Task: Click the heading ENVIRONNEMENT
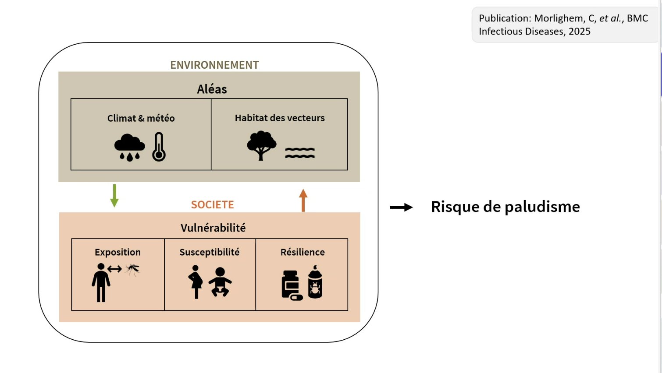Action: (x=214, y=65)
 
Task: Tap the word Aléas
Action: (x=212, y=89)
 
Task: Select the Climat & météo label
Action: (x=141, y=118)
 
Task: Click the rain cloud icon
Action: (x=129, y=147)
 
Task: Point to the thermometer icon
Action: (x=159, y=147)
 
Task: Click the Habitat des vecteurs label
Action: (x=280, y=118)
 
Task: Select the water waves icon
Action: (x=300, y=153)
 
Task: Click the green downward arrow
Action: (x=114, y=195)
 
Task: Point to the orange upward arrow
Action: (x=303, y=200)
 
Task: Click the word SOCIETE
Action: (x=213, y=204)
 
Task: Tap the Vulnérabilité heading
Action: (x=213, y=228)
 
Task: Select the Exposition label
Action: (x=117, y=252)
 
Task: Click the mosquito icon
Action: (x=132, y=269)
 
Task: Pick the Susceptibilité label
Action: (x=210, y=252)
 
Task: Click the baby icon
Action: (x=220, y=282)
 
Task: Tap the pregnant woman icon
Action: (x=196, y=282)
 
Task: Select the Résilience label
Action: (x=303, y=252)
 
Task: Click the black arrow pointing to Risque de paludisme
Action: (x=402, y=207)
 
